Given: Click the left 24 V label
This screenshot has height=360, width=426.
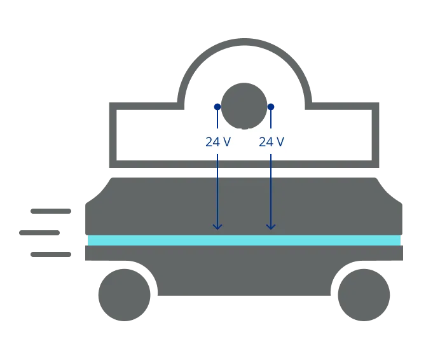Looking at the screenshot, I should coord(217,142).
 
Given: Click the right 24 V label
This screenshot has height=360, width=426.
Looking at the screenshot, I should coord(271,142).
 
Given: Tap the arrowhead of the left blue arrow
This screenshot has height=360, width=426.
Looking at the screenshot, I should coord(217,226).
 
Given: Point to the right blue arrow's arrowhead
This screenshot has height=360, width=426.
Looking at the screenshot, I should coord(271,226).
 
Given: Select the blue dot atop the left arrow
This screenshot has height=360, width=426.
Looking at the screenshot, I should coord(217,107).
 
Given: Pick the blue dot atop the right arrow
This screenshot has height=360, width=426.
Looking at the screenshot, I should coord(271,107).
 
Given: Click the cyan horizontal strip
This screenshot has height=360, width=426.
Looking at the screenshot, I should coord(244,240).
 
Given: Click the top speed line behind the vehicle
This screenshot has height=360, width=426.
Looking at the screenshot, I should coord(51,211).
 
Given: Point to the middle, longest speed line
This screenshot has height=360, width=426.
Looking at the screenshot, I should coord(38,234).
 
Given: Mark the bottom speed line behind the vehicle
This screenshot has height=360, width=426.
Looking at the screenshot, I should coord(51,255).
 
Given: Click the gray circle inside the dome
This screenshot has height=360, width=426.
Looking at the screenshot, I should coord(244,105).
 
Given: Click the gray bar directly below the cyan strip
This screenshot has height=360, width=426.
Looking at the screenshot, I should coord(244,254).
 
